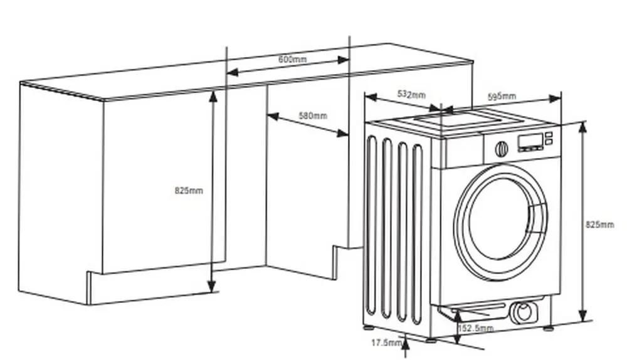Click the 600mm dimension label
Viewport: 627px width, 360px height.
(292, 59)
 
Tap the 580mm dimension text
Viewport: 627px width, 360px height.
(313, 115)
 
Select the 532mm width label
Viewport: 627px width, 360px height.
(411, 95)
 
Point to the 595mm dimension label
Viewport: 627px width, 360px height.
(502, 96)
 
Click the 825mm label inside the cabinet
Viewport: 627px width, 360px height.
(189, 190)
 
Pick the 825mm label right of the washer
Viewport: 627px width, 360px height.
(599, 225)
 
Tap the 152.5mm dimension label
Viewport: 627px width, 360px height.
(476, 328)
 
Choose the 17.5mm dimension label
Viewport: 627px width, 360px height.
(385, 342)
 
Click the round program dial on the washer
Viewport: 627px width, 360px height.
(501, 149)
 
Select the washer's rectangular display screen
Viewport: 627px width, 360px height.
(530, 142)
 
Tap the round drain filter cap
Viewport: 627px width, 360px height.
(523, 312)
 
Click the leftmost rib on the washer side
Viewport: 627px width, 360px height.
(372, 226)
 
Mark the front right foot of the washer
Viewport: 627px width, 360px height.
(548, 327)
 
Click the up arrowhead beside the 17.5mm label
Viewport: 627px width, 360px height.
(406, 340)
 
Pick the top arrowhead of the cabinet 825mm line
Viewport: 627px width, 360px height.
(213, 95)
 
